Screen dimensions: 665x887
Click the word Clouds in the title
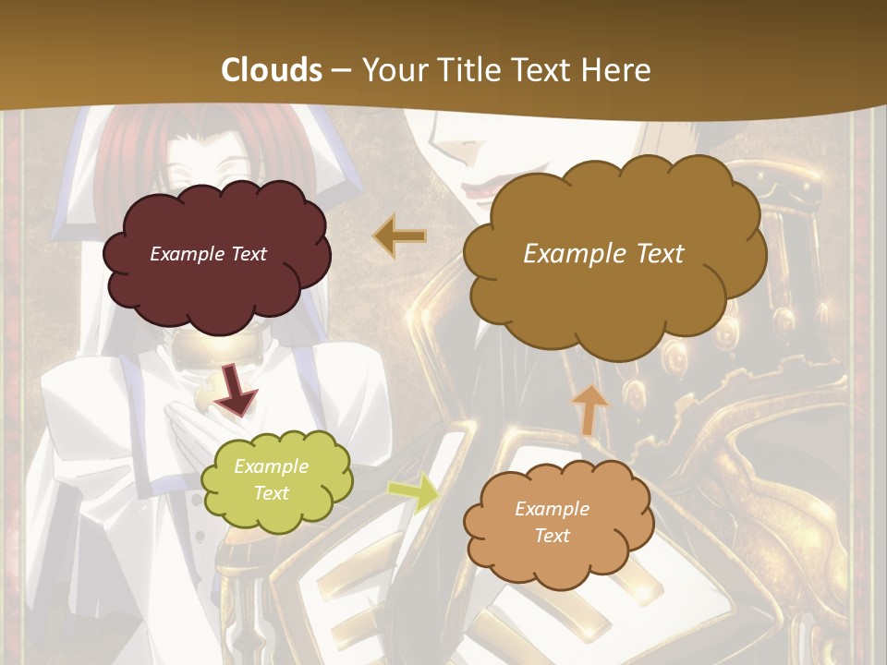272,70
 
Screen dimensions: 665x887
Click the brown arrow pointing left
400,236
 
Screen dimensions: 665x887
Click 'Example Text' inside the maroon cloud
208,253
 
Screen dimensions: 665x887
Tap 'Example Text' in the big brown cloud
603,253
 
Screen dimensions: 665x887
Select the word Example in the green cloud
271,466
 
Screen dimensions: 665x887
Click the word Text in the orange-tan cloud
552,536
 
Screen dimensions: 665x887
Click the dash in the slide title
341,70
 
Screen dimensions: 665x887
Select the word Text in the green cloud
271,493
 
